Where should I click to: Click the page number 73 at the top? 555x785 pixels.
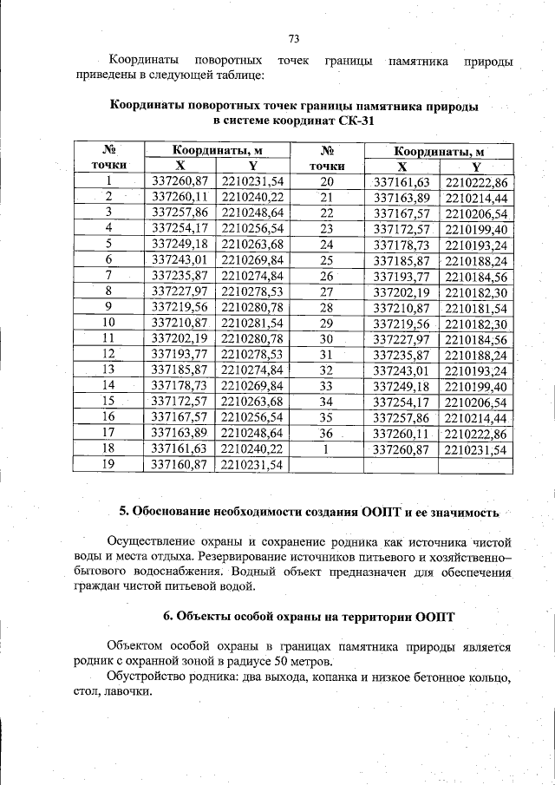pyautogui.click(x=293, y=39)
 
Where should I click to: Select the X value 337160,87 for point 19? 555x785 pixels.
pyautogui.click(x=180, y=465)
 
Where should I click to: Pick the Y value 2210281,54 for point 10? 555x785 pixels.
pyautogui.click(x=252, y=323)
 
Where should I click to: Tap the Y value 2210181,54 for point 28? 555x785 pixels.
pyautogui.click(x=476, y=307)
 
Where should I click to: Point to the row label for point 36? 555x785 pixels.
pyautogui.click(x=327, y=434)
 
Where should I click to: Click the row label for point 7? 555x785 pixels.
pyautogui.click(x=109, y=275)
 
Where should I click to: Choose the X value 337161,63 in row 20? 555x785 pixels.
pyautogui.click(x=402, y=181)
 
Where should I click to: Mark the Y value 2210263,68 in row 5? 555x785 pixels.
pyautogui.click(x=252, y=244)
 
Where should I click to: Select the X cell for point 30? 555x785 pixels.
pyautogui.click(x=402, y=338)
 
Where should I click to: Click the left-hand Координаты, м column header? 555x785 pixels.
pyautogui.click(x=217, y=150)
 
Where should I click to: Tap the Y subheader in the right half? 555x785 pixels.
pyautogui.click(x=476, y=166)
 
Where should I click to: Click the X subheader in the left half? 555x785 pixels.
pyautogui.click(x=180, y=165)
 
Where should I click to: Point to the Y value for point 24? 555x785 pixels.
pyautogui.click(x=476, y=245)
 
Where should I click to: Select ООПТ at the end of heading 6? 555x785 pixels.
pyautogui.click(x=435, y=617)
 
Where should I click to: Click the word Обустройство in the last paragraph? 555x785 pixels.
pyautogui.click(x=145, y=676)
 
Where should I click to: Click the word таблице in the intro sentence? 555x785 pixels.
pyautogui.click(x=234, y=76)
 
